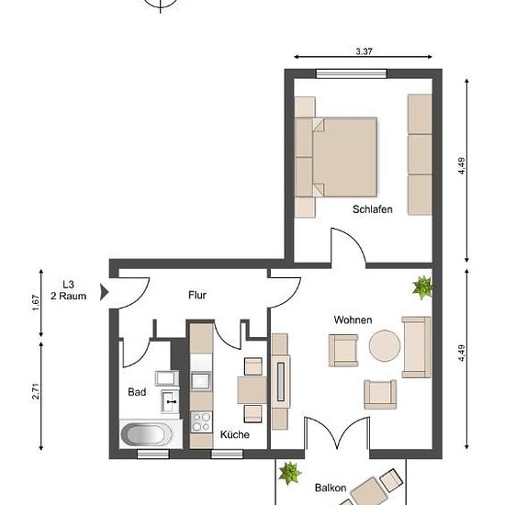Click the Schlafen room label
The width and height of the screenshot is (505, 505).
372,209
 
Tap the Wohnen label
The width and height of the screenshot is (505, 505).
353,320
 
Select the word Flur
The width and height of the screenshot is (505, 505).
197,295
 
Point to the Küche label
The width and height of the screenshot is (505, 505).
235,434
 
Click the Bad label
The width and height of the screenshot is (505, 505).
137,392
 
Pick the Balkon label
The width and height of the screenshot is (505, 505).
331,488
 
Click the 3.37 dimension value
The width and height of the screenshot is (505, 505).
364,51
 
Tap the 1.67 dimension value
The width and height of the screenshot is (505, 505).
36,303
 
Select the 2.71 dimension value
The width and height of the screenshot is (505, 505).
36,391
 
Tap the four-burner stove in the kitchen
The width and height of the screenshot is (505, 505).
201,422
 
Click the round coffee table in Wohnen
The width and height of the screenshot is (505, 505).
385,345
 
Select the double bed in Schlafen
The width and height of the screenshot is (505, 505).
336,157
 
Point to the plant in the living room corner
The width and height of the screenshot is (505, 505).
423,287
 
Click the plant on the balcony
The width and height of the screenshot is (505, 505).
289,473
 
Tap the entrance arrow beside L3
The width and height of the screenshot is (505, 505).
104,292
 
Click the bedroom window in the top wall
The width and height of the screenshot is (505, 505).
352,73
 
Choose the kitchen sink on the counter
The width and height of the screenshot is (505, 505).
200,381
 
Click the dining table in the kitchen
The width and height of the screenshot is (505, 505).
252,390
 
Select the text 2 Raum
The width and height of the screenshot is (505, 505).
68,296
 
